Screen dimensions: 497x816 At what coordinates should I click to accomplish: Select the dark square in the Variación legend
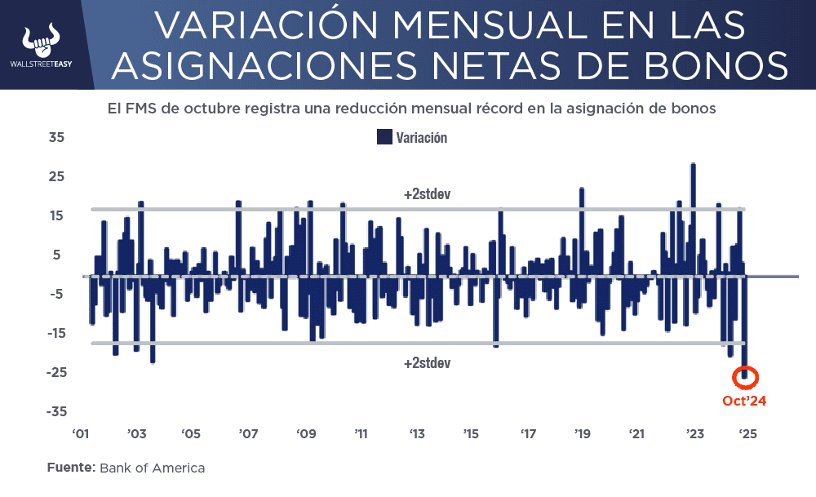pyautogui.click(x=384, y=137)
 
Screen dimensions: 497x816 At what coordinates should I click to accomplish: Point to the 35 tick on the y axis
pyautogui.click(x=56, y=137)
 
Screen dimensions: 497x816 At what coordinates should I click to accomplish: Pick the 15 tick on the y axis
pyautogui.click(x=56, y=215)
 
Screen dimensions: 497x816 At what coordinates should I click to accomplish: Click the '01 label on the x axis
pyautogui.click(x=80, y=433)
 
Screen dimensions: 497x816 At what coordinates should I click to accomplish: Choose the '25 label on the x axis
pyautogui.click(x=747, y=433)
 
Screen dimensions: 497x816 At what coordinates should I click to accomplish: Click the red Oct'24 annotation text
pyautogui.click(x=744, y=401)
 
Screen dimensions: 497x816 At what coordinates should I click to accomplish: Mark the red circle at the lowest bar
pyautogui.click(x=745, y=376)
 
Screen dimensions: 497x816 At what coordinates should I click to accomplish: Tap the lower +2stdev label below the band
pyautogui.click(x=427, y=362)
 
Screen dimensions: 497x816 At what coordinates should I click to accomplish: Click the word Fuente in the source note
pyautogui.click(x=71, y=468)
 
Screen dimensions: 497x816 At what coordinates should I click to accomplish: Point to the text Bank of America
pyautogui.click(x=152, y=468)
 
